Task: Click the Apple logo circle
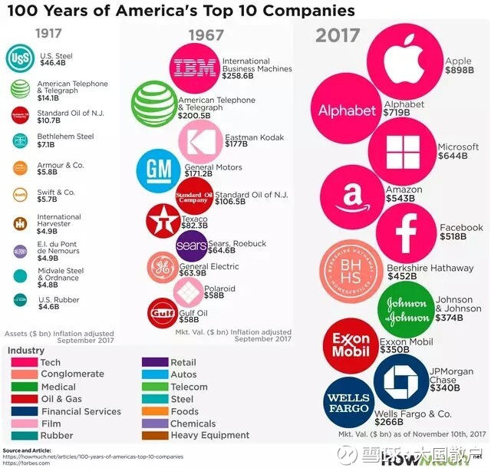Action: tap(405, 62)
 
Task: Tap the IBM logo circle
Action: tap(196, 68)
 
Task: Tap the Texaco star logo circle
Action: tap(163, 221)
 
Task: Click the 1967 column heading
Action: tap(205, 36)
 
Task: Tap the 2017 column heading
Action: tap(338, 35)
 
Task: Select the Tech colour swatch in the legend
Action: tap(21, 362)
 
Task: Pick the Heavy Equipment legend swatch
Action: tap(153, 435)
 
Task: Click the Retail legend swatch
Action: tap(153, 362)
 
